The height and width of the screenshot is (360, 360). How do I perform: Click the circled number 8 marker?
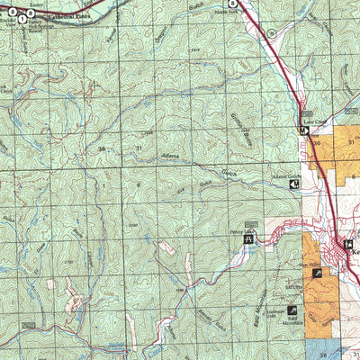coord(232,4)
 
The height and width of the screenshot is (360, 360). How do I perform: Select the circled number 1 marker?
coord(22,19)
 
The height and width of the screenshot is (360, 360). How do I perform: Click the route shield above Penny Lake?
coord(251,221)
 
